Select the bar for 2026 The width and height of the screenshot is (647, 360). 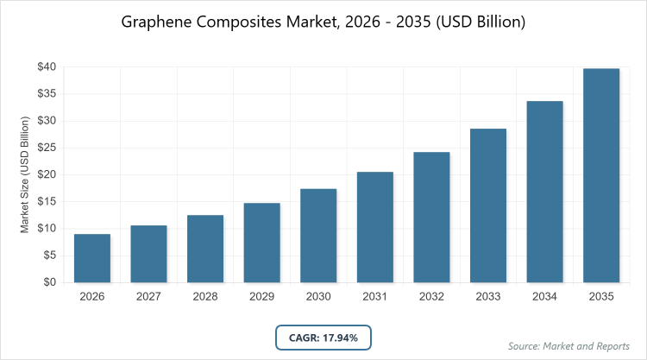point(92,258)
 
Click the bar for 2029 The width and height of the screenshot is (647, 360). point(261,243)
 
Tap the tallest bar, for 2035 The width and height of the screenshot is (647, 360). point(601,175)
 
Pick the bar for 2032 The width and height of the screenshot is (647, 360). point(431,217)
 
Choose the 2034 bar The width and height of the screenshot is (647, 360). point(544,192)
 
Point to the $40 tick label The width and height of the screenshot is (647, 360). point(47,67)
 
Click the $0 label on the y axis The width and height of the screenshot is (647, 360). point(50,282)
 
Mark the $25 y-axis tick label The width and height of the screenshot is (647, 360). point(47,148)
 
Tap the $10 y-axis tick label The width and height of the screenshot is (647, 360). point(47,229)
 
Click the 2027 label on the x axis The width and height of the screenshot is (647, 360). point(148,297)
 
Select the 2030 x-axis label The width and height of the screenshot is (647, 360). point(318,297)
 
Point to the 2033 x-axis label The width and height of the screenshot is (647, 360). point(488,297)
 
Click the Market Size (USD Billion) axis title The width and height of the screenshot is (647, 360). point(25,174)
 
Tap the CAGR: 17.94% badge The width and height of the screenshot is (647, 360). point(323,337)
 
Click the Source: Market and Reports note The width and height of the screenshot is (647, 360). point(568,345)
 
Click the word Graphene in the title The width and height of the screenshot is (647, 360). point(159,22)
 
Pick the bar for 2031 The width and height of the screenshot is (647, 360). point(374,227)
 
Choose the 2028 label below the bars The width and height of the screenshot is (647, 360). point(205,297)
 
